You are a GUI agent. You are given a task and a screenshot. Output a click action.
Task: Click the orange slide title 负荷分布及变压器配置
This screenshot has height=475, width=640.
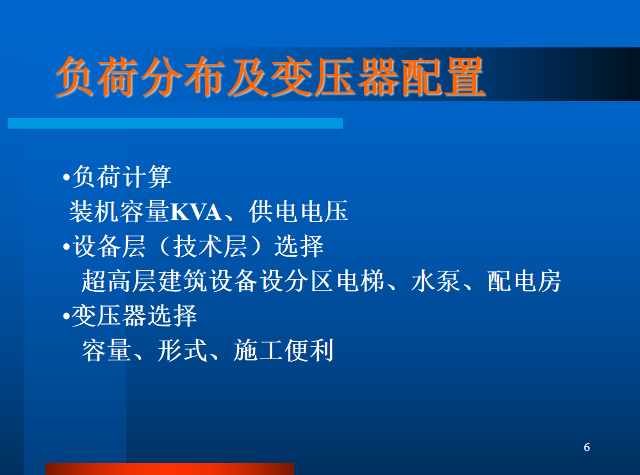tap(270, 77)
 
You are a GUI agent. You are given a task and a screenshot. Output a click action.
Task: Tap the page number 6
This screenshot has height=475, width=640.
tap(587, 447)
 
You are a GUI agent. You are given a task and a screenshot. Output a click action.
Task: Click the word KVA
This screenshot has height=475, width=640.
tap(196, 212)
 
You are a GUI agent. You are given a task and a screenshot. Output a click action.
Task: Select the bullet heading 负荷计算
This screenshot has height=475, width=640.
tap(122, 177)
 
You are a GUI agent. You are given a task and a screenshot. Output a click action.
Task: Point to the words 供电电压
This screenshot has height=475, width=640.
tap(299, 211)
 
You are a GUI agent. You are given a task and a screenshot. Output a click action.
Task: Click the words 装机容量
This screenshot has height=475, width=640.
tap(119, 211)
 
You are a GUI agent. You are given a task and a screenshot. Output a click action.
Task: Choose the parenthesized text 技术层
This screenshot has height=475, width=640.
tap(210, 246)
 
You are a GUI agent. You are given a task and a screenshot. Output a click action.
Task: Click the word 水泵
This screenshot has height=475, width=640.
tap(436, 281)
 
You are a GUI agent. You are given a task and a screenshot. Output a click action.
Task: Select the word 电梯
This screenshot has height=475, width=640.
tap(361, 281)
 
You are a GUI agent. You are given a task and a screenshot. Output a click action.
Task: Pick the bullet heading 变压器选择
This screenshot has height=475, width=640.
tap(135, 316)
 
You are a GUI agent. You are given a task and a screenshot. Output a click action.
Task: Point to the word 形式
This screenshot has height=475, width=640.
tap(183, 350)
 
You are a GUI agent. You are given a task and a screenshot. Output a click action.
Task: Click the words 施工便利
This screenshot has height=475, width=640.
tap(284, 350)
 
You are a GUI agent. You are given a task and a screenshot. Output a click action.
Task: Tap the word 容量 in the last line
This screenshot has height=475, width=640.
tap(106, 350)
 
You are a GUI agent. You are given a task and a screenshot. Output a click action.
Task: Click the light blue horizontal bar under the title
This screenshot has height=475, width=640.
tap(175, 123)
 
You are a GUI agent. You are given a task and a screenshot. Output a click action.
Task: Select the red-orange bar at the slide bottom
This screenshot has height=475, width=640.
tap(170, 469)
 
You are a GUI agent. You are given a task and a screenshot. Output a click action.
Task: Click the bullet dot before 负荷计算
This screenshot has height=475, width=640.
tap(67, 177)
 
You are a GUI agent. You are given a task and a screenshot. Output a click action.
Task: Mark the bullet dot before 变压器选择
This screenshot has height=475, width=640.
tap(67, 316)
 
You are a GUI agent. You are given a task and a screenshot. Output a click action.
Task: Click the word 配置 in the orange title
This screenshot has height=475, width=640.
tap(443, 77)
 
